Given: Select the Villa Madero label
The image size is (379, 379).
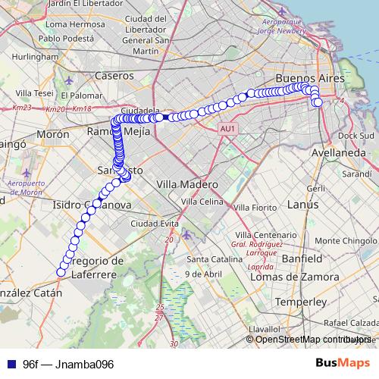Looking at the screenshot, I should pyautogui.click(x=186, y=184).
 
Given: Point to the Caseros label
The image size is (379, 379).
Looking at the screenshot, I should pyautogui.click(x=114, y=76).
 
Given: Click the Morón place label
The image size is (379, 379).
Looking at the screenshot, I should pyautogui.click(x=52, y=134).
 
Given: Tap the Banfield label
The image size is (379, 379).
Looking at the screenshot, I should pyautogui.click(x=302, y=258).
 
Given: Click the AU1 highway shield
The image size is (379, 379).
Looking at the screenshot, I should pyautogui.click(x=227, y=130).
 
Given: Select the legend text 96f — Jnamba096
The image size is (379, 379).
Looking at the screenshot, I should pyautogui.click(x=68, y=365).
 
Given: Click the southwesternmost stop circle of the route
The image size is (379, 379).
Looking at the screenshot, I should pyautogui.click(x=61, y=272).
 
